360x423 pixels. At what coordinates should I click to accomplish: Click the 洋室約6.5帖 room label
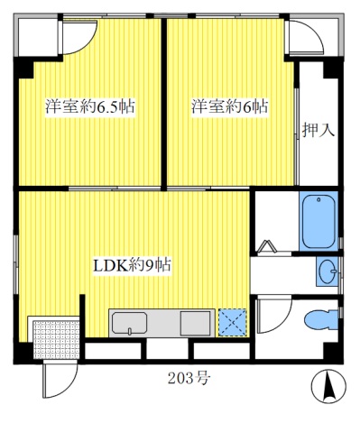click(x=90, y=106)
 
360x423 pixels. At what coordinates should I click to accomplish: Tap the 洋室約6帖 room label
click(x=229, y=106)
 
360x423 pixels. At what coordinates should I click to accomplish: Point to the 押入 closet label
click(x=318, y=129)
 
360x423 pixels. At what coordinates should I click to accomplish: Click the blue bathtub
click(x=318, y=221)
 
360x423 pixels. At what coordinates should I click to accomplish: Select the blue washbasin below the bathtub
click(x=327, y=270)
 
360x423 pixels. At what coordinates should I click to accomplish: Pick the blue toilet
click(x=320, y=320)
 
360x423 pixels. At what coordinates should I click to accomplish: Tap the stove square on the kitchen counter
click(x=195, y=322)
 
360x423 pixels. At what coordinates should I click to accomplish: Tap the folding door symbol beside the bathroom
click(x=268, y=246)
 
